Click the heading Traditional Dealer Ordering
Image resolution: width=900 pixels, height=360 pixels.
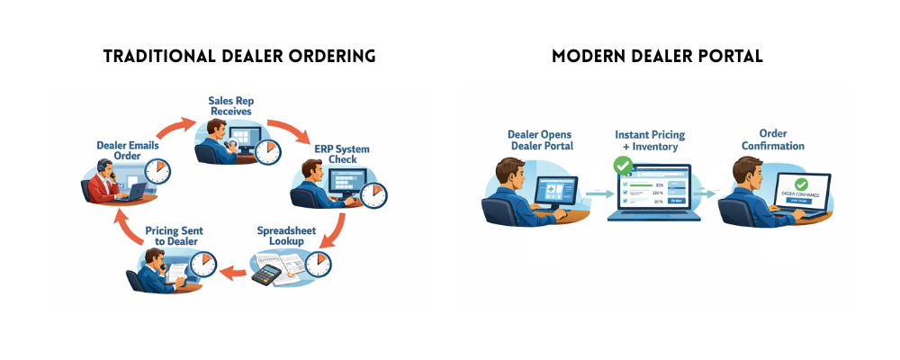[x=238, y=56]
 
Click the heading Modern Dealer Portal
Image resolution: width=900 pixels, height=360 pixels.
[x=658, y=56]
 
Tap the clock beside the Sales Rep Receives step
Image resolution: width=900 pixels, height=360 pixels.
[x=267, y=152]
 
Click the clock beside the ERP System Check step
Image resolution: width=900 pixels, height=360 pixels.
[x=373, y=194]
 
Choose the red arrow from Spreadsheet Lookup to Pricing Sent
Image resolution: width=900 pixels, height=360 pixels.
[x=236, y=271]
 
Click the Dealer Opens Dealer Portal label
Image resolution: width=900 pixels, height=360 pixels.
[x=540, y=139]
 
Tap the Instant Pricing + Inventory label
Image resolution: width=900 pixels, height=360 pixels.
[x=650, y=140]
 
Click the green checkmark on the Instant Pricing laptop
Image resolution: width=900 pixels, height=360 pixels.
[x=622, y=166]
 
